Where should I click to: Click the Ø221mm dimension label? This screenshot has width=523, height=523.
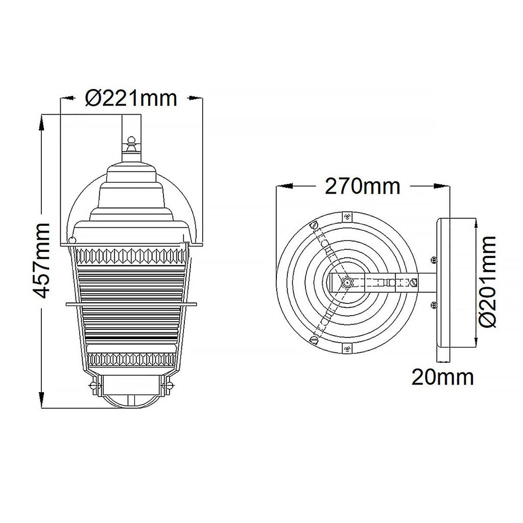(x=131, y=99)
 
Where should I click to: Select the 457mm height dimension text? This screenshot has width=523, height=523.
(x=41, y=260)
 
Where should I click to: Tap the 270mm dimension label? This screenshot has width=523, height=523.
(x=362, y=186)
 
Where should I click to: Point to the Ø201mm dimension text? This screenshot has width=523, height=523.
(x=487, y=281)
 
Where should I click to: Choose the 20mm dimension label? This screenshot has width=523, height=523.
(x=443, y=377)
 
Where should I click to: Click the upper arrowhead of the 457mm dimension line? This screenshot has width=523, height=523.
(x=41, y=123)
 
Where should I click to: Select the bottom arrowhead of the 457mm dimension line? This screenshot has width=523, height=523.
(x=41, y=400)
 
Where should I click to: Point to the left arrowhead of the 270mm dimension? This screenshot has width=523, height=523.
(x=284, y=186)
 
